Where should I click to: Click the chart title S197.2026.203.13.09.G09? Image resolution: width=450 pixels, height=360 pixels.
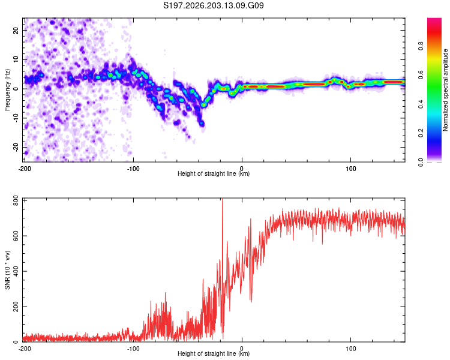pyautogui.click(x=213, y=5)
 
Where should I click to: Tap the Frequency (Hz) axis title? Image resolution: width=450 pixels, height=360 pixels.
pyautogui.click(x=7, y=89)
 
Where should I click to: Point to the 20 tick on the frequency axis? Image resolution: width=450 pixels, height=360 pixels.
pyautogui.click(x=16, y=30)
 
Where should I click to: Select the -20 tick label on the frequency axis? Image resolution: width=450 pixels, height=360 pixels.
pyautogui.click(x=16, y=147)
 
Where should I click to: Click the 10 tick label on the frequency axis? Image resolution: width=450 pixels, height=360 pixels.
pyautogui.click(x=16, y=59)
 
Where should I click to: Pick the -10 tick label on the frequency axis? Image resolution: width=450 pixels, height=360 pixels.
pyautogui.click(x=16, y=118)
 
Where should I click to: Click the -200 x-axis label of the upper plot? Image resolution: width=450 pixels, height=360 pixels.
pyautogui.click(x=25, y=169)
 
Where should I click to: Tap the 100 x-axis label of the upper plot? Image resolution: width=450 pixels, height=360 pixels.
pyautogui.click(x=350, y=169)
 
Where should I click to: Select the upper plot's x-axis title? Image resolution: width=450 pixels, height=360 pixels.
pyautogui.click(x=214, y=173)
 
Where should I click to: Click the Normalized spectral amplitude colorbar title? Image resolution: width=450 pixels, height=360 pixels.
pyautogui.click(x=445, y=90)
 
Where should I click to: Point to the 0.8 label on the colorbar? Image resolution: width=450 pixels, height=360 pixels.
pyautogui.click(x=421, y=46)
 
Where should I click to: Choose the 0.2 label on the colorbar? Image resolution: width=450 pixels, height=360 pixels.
pyautogui.click(x=421, y=133)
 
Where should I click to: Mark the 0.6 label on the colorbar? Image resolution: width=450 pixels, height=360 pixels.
pyautogui.click(x=421, y=75)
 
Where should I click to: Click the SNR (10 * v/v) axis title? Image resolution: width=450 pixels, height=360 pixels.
pyautogui.click(x=7, y=270)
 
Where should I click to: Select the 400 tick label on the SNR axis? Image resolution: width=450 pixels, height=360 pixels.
pyautogui.click(x=16, y=271)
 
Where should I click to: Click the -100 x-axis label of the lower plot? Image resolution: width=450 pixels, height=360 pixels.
pyautogui.click(x=133, y=349)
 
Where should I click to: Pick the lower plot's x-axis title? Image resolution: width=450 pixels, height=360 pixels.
pyautogui.click(x=214, y=353)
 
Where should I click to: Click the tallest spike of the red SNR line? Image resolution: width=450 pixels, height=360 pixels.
pyautogui.click(x=222, y=199)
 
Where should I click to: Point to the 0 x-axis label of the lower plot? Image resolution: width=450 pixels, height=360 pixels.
pyautogui.click(x=242, y=349)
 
